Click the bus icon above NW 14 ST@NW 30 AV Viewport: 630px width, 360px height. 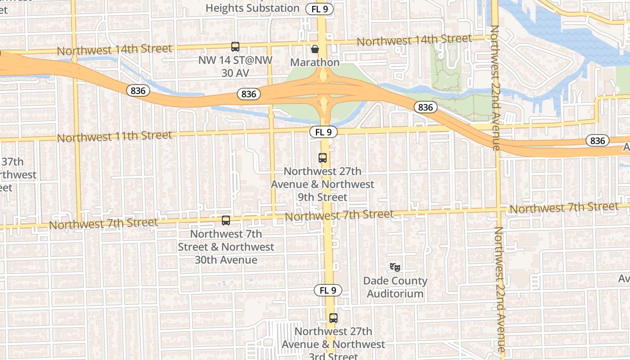pos(235,46)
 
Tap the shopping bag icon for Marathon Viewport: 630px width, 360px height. pos(315,49)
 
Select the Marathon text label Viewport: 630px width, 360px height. pos(315,62)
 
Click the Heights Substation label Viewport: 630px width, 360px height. pos(252,8)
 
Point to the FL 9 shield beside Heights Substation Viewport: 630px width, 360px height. pos(319,9)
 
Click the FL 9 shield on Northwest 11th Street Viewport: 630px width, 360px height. pos(323,132)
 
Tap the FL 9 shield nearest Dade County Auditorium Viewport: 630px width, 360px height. pos(328,290)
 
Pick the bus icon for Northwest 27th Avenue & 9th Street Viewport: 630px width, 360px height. pos(322,158)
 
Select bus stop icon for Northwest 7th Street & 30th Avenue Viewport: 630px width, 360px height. pos(225,220)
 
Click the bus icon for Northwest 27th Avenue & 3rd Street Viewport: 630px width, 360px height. pos(333,318)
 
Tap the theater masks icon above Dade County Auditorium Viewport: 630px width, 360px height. pos(395,267)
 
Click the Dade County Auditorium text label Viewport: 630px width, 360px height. pos(395,287)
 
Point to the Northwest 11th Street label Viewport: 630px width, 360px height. pos(115,136)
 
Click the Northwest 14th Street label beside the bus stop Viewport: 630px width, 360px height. pos(115,49)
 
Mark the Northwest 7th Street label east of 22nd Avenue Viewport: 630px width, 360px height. pos(564,208)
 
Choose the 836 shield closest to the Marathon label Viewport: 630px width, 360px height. pos(248,94)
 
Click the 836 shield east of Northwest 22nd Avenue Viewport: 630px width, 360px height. pos(597,141)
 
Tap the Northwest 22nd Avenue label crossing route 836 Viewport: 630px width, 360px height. pos(495,88)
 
